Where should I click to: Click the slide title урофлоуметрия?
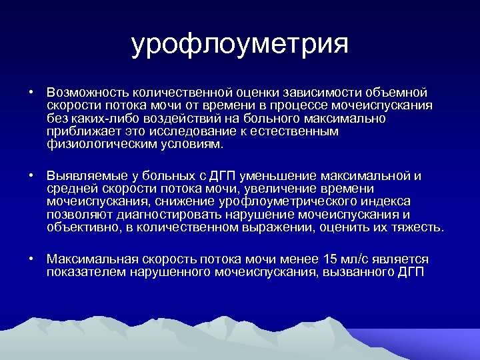tap(240, 45)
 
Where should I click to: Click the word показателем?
tap(89, 272)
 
